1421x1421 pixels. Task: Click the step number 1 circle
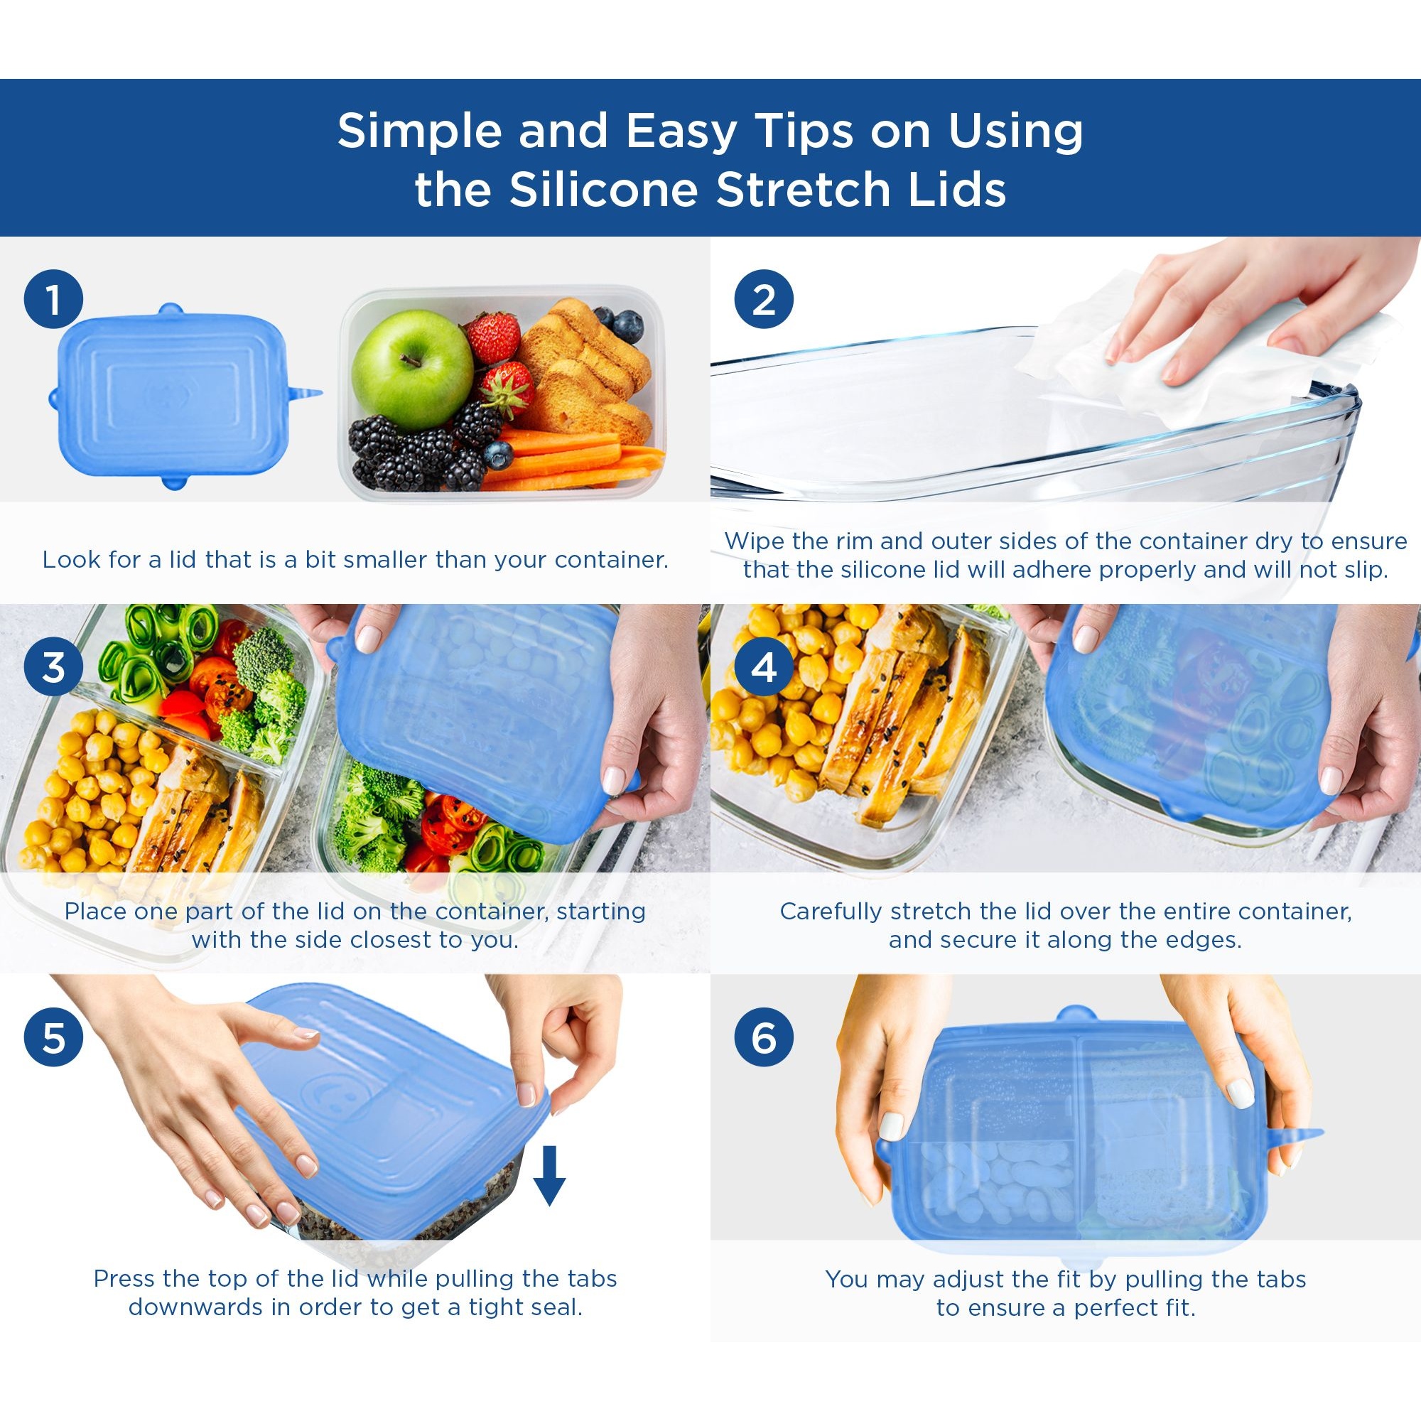coord(53,299)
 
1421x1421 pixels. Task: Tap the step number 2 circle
coord(764,299)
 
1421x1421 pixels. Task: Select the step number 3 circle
coord(53,668)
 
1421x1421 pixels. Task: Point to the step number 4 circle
coord(764,668)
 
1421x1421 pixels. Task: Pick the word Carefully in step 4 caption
coord(831,912)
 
